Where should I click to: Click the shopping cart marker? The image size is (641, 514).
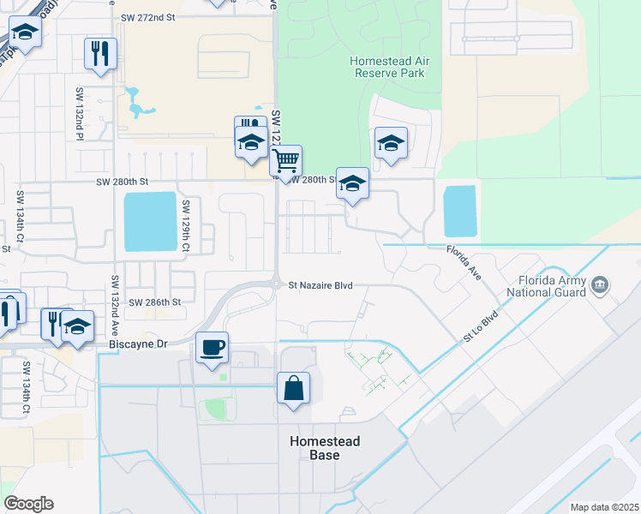click(x=286, y=159)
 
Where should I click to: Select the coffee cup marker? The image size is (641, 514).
click(x=213, y=348)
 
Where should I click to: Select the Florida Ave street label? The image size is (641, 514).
click(x=464, y=261)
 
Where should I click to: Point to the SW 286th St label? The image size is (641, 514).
click(x=155, y=302)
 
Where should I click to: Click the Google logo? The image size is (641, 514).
click(x=28, y=504)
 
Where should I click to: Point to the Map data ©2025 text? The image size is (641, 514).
click(x=605, y=507)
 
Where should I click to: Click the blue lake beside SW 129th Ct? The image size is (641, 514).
click(x=150, y=221)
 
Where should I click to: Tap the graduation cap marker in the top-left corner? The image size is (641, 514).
click(x=26, y=35)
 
